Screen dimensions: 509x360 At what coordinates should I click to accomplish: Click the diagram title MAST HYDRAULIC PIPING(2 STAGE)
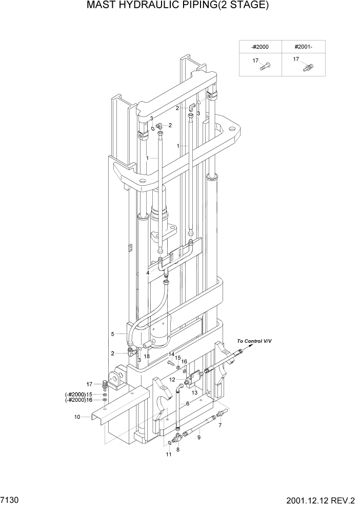tap(177, 6)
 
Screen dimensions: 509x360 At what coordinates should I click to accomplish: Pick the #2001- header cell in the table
tap(303, 47)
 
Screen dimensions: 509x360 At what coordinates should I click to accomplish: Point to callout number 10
tap(77, 417)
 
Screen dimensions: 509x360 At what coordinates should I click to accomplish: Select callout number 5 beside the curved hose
tap(112, 334)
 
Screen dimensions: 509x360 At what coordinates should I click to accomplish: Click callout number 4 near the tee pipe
tap(148, 272)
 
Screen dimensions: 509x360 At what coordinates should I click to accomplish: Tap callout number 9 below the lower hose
tap(199, 437)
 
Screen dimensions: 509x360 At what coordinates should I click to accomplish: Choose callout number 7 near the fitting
tap(221, 425)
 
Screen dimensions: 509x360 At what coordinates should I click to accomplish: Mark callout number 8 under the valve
tap(178, 449)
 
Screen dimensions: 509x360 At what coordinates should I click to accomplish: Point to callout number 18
tap(147, 356)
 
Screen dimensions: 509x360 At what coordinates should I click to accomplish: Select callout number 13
tap(194, 392)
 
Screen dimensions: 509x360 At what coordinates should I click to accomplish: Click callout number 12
tap(172, 380)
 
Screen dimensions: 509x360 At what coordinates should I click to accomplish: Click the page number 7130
tap(9, 499)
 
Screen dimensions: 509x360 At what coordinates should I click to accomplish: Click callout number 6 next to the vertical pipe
tap(187, 404)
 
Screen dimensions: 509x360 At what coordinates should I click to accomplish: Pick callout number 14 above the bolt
tap(172, 355)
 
